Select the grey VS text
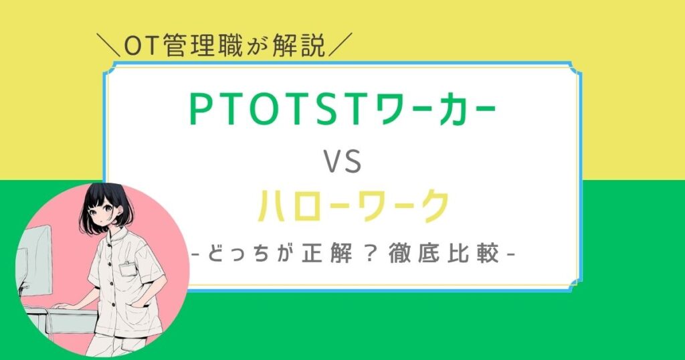343,161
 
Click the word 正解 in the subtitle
326,254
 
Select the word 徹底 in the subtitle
413,254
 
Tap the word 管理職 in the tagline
200,47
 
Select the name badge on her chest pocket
128,268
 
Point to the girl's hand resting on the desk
64,306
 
